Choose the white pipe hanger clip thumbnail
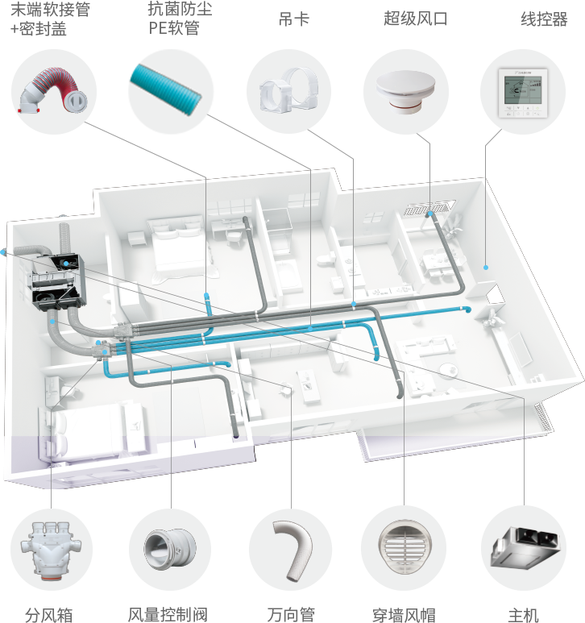click(x=287, y=91)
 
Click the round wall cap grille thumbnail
click(x=403, y=548)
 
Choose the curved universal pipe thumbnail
click(x=290, y=548)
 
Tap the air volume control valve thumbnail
click(x=168, y=548)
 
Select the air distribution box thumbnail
click(x=51, y=548)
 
